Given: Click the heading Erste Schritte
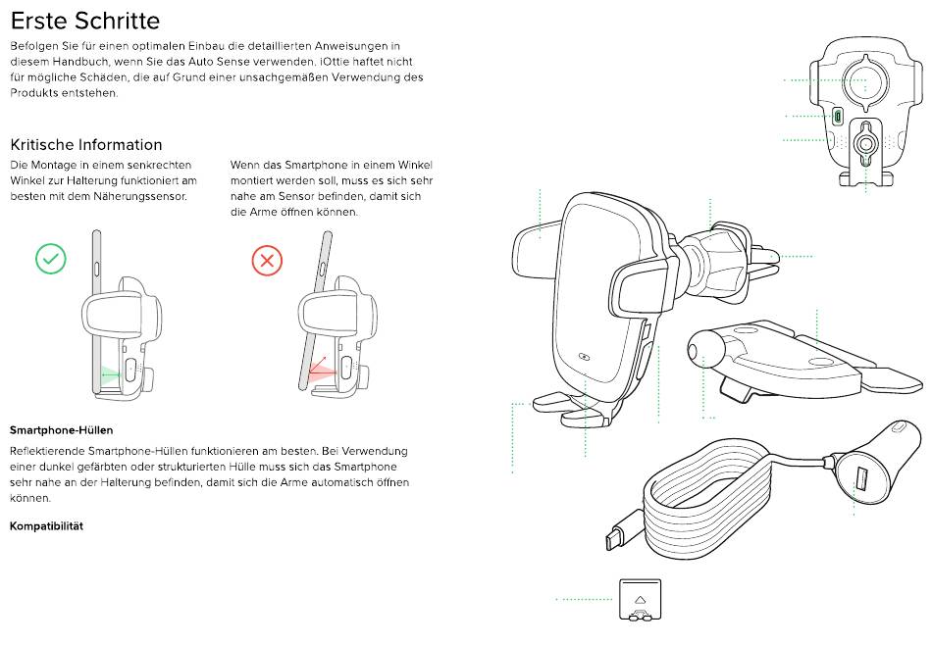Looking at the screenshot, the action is pos(84,20).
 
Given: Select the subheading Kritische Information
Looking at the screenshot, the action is pos(85,144).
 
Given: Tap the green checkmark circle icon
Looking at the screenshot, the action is pos(51,259).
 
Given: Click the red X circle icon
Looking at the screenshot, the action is pos(267,260).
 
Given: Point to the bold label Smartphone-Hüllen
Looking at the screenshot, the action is pos(61,430).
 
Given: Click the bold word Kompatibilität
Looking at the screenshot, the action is pos(46,526).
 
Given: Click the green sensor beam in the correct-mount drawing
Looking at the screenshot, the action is pos(110,373).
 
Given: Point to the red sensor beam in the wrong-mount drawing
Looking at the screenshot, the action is pos(320,372).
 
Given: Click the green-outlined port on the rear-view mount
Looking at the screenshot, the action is pos(838,116).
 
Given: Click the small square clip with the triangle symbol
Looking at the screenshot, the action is pos(640,599).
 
